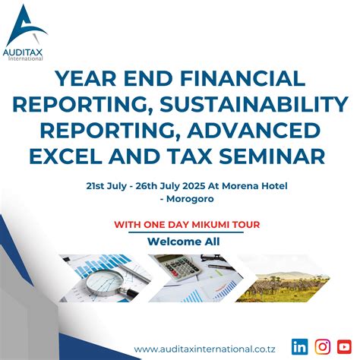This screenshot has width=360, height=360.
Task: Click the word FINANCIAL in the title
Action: click(237, 79)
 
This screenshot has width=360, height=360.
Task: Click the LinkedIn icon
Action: click(299, 346)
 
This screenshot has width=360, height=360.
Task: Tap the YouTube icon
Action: click(346, 346)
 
